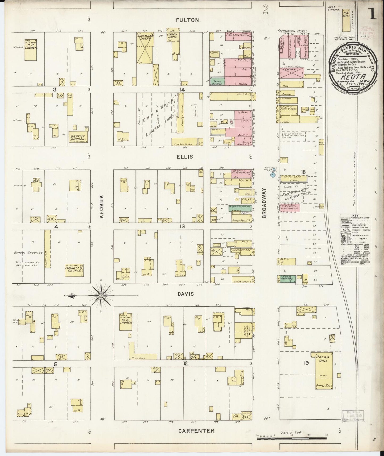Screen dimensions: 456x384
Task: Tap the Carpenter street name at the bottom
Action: [x=196, y=430]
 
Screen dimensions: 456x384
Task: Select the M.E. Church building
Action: [x=126, y=321]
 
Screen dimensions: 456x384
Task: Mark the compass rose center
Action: [x=101, y=296]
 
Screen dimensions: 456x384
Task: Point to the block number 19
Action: [x=306, y=363]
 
